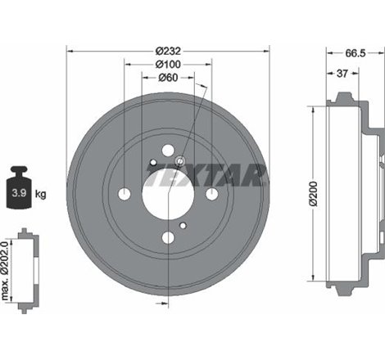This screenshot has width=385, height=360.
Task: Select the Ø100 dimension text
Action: pyautogui.click(x=168, y=64)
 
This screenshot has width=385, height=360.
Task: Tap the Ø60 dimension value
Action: pyautogui.click(x=168, y=78)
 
